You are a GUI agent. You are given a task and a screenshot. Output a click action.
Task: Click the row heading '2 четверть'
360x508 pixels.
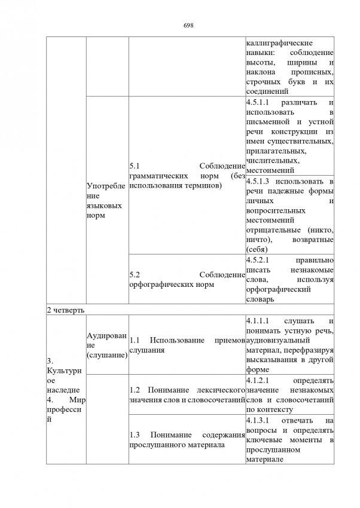(65, 311)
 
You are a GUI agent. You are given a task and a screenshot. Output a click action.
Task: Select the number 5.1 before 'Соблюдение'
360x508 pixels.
(134, 166)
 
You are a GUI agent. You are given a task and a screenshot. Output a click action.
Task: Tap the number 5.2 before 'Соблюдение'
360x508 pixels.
(134, 274)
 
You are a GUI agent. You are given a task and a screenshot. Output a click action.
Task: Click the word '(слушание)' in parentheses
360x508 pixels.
(106, 356)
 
